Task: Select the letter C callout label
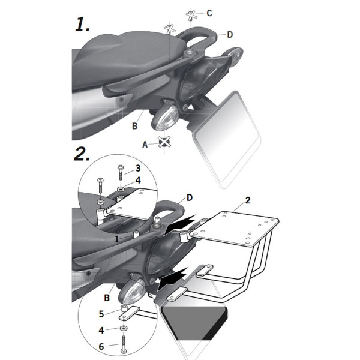coord(209,13)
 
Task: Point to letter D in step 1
coord(230,35)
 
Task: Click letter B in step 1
coord(135,126)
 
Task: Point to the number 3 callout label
coord(137,168)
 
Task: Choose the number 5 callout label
coord(103,313)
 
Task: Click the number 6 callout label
coord(103,347)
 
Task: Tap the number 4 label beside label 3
coord(137,179)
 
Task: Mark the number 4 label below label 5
coord(103,329)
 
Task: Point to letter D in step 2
coord(190,197)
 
